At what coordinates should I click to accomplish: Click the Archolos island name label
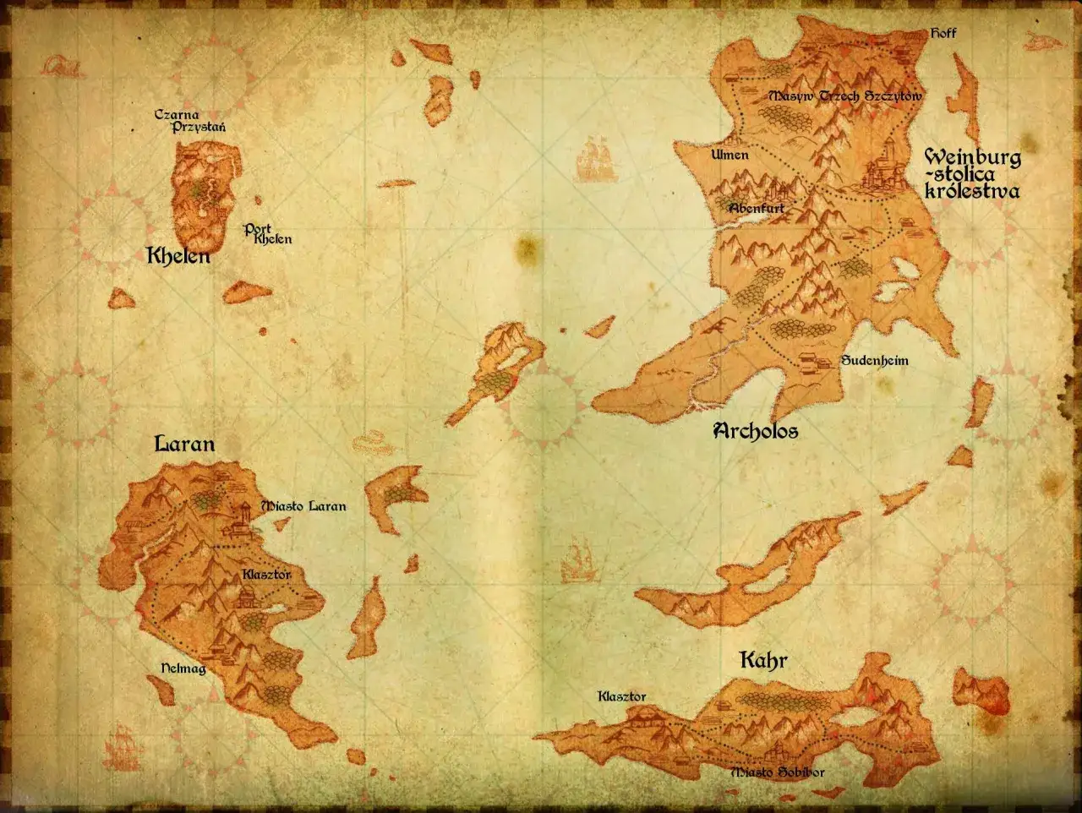pos(756,431)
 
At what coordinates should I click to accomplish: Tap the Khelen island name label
pos(178,255)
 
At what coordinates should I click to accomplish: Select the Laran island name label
pos(184,444)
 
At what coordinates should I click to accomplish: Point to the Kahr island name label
pos(763,660)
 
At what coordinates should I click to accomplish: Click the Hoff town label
pos(943,33)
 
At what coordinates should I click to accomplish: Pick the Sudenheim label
pos(874,361)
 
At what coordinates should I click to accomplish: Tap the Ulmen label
pos(730,155)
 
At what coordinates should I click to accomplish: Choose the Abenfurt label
pos(756,208)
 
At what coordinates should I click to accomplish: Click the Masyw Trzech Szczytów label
pos(844,96)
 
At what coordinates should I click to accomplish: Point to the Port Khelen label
pos(268,234)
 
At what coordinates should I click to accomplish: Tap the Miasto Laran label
pos(303,506)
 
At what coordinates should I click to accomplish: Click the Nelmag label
pos(183,668)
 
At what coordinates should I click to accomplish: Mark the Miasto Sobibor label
pos(777,772)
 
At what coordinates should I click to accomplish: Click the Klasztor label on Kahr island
pos(621,696)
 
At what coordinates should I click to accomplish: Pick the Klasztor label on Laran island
pos(266,575)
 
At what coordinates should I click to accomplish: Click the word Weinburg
pos(972,157)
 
